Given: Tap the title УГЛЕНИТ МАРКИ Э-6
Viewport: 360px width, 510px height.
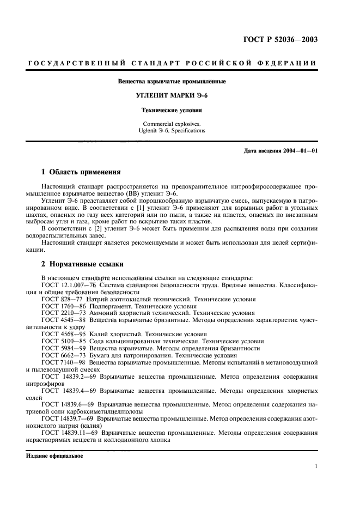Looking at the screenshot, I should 172,95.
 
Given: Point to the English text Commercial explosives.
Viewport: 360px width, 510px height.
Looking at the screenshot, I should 172,124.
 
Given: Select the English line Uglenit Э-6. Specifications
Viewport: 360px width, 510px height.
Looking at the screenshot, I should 172,131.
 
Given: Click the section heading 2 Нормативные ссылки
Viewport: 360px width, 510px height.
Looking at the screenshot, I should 83,264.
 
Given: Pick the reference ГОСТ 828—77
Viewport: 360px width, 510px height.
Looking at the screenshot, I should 61,299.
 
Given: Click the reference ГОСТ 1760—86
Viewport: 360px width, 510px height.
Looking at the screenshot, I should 63,306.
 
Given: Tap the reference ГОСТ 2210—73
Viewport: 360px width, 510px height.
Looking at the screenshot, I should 63,313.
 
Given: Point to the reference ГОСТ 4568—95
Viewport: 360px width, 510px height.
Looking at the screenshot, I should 63,333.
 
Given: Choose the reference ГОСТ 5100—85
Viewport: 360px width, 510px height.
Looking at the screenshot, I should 63,341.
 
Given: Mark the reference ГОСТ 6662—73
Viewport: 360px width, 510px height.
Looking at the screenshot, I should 63,355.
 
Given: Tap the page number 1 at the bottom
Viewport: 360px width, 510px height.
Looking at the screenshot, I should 316,466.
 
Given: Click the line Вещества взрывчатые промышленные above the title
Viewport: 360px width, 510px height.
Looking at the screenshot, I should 172,82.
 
